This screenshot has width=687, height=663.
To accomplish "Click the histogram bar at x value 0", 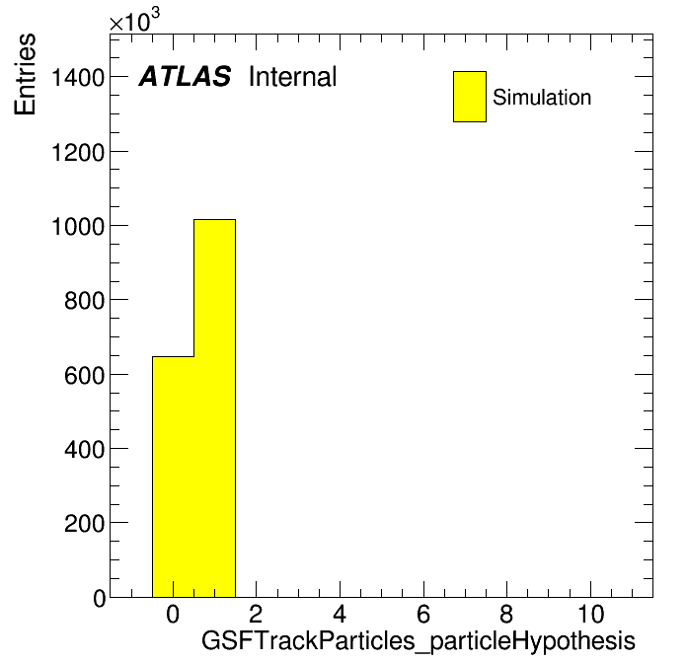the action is pos(173,477).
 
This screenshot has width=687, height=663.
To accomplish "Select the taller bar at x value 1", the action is pos(215,408).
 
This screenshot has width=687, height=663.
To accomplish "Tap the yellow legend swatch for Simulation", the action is pos(470,97).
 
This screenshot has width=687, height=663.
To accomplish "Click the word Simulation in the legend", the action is pos(542,98).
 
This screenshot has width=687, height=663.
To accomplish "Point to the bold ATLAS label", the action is pos(185,77).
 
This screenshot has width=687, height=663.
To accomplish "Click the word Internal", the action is pos(293,77).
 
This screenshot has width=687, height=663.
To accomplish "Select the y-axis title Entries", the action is pos(25,74).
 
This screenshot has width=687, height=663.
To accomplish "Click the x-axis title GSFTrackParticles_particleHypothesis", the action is pos(418,641).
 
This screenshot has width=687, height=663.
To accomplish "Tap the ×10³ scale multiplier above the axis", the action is pos(134,21).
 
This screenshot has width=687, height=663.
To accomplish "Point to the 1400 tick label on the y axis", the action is pos(78,78).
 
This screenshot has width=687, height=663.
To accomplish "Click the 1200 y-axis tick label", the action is pos(78,153).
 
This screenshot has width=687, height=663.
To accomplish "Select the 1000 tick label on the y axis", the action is pos(78,227).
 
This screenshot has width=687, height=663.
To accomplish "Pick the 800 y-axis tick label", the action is pos(85,301).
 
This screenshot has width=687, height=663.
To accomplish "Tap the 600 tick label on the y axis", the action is pos(85,375).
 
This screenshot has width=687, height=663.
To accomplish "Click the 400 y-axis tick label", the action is pos(85,449).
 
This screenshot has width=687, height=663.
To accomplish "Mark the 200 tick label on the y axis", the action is pos(85,523).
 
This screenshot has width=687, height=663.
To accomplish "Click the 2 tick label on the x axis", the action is pos(256,614).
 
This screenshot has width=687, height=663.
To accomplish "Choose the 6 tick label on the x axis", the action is pos(423,614).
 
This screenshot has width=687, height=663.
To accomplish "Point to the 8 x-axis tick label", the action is pos(506,614).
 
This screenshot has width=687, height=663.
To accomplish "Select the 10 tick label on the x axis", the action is pos(591,614).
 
